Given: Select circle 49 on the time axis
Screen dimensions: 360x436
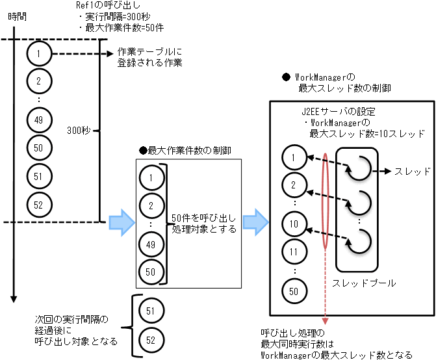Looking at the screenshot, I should (x=39, y=120).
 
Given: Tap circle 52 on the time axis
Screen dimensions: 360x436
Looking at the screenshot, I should (x=39, y=205).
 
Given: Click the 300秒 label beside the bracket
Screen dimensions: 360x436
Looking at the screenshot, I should (x=78, y=131).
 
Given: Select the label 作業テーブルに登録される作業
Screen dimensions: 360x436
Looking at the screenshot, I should (x=149, y=58).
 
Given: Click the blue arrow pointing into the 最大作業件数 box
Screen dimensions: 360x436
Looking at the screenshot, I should (x=121, y=222).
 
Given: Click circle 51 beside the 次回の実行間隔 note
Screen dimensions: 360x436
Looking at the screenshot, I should (x=150, y=312).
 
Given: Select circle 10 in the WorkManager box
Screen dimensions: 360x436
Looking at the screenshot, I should (x=294, y=225).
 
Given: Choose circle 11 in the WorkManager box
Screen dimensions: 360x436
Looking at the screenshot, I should (x=294, y=251).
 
